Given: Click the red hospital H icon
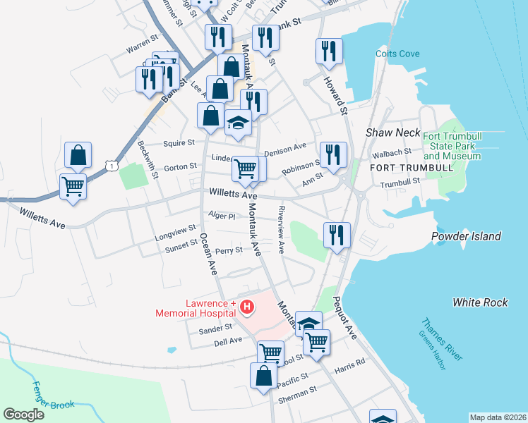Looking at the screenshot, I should tap(247, 307).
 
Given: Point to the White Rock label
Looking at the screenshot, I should tap(480, 302).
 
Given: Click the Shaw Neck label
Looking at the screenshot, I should tap(392, 133).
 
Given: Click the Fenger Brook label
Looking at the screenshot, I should tap(54, 397).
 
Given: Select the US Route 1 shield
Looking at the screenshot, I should tap(111, 165).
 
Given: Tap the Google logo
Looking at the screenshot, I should tap(24, 414).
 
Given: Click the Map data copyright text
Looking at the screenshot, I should tap(498, 417).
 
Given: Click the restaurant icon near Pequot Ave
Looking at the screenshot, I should tap(337, 233).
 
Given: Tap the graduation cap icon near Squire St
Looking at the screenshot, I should tap(239, 123).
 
